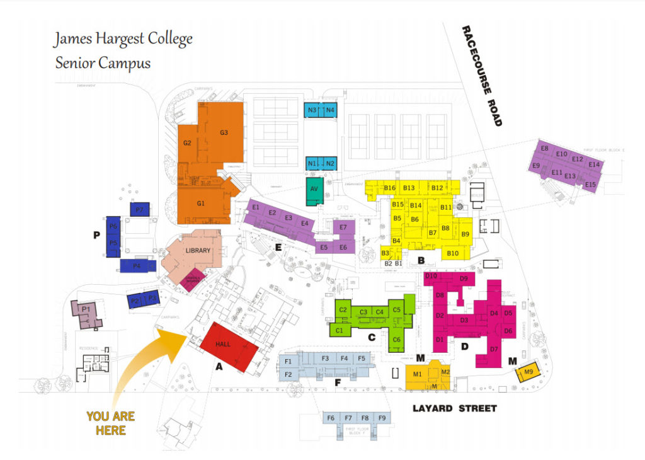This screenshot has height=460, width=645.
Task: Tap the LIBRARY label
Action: pos(197,251)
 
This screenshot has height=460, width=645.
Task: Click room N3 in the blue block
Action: pos(312,110)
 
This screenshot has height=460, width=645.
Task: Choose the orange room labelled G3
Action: pos(224,133)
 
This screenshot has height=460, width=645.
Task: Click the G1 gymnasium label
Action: pos(201,204)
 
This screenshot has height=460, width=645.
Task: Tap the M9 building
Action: pos(528,372)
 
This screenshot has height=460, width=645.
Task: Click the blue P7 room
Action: pos(139,209)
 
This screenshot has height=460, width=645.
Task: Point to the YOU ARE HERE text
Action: pos(110,423)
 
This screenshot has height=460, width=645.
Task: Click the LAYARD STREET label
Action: pos(454,408)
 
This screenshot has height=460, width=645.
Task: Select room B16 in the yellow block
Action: pos(389,188)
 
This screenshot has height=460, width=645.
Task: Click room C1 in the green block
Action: pos(339,330)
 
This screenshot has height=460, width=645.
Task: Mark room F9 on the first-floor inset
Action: pos(382,418)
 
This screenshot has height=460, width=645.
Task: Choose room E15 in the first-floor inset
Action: pos(590,184)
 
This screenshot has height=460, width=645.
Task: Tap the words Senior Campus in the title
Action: pos(103,63)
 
